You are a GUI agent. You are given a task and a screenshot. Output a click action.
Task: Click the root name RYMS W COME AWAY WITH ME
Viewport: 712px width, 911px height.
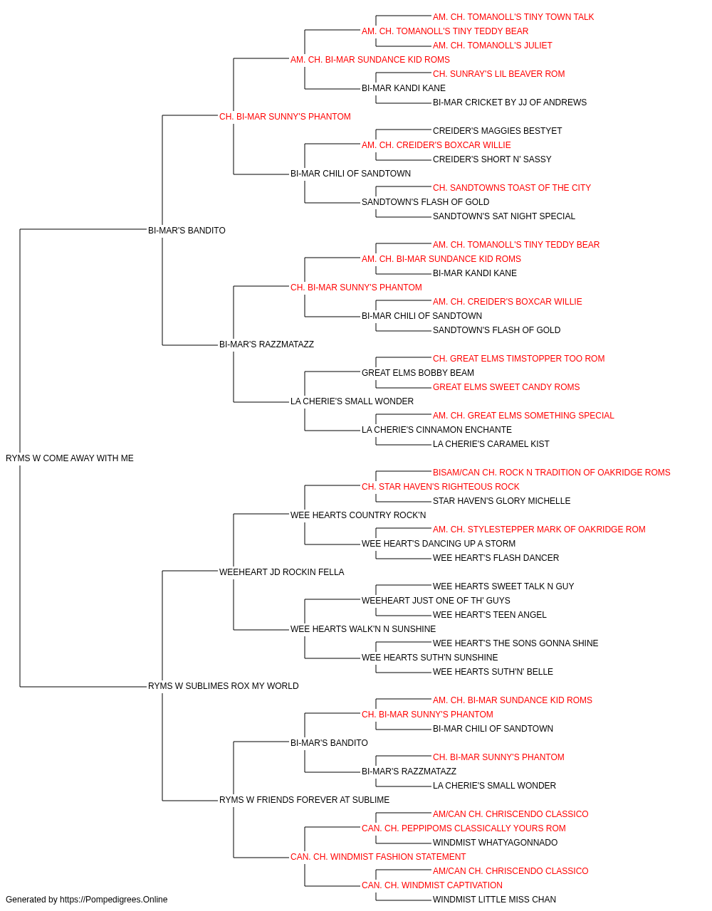tap(70, 458)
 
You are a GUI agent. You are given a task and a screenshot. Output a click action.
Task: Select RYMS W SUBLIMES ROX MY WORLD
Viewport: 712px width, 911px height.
tap(223, 686)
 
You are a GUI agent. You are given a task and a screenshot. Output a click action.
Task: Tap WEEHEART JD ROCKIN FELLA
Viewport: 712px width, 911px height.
tap(281, 572)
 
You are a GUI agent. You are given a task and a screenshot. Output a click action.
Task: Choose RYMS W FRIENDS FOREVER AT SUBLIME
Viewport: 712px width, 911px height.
tap(304, 800)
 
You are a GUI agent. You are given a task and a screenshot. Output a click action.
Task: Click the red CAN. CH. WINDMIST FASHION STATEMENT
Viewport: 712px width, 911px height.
tap(378, 857)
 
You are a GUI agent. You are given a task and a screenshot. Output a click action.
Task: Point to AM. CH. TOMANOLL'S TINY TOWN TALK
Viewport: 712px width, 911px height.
tap(513, 17)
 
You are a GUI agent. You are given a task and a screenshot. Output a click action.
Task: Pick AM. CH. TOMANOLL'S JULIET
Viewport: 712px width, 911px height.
tap(492, 46)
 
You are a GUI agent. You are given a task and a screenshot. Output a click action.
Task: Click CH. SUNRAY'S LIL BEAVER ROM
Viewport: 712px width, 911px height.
tap(498, 74)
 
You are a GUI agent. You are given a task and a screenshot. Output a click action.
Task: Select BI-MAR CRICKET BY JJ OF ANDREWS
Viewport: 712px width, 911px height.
tap(510, 102)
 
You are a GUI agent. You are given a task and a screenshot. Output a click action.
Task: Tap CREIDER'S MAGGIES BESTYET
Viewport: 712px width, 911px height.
tap(497, 131)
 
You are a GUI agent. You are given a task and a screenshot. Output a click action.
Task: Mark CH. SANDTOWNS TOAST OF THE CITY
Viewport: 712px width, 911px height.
tap(511, 188)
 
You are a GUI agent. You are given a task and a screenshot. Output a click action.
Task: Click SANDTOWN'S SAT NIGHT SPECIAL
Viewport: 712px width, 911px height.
tap(503, 216)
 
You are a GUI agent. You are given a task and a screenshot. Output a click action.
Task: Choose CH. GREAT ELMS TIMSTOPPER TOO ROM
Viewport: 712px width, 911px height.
tap(519, 359)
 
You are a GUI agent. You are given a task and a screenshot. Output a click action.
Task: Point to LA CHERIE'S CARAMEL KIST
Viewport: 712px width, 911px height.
tap(491, 444)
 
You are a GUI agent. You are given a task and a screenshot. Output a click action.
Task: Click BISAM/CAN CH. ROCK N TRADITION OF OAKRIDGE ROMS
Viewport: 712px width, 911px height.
tap(551, 473)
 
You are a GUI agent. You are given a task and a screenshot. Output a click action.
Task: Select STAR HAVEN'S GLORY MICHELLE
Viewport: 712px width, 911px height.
tap(501, 501)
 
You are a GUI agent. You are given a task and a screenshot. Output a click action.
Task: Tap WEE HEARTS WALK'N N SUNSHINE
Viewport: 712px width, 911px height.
tap(362, 629)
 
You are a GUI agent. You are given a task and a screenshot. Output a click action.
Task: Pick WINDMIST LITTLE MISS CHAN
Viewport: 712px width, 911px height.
tap(494, 900)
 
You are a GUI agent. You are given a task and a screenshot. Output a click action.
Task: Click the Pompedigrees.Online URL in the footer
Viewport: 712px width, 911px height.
tap(113, 900)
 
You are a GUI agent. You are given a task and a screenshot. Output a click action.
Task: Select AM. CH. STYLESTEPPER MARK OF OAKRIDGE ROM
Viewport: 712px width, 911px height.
tap(539, 530)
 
